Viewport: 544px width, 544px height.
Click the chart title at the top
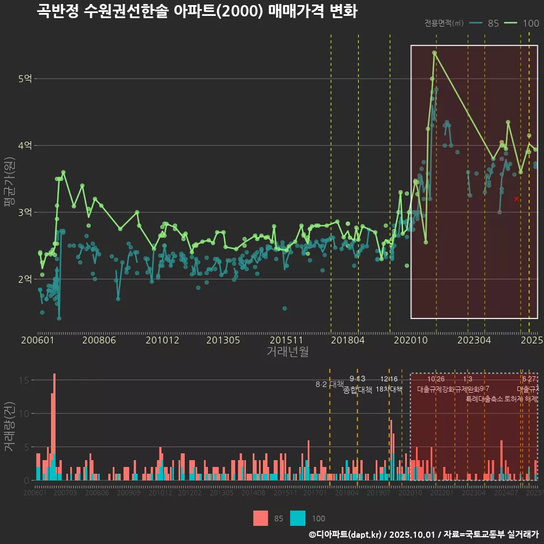[197, 11]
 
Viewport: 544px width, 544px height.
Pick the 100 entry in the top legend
[522, 23]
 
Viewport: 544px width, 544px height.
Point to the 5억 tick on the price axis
[25, 79]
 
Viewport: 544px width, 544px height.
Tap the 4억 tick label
[25, 146]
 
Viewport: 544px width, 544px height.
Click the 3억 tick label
[25, 212]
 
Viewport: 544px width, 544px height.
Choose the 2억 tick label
[25, 279]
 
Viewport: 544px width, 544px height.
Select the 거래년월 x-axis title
[287, 352]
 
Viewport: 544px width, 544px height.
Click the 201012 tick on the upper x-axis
[162, 341]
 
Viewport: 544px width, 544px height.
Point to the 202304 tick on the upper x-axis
[474, 341]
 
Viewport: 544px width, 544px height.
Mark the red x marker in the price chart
[516, 199]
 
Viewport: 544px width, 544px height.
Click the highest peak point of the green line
[434, 53]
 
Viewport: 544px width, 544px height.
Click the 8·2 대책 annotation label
[329, 384]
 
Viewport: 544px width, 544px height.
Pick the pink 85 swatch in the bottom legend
[260, 518]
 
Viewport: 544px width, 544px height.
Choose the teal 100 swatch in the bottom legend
[297, 518]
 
